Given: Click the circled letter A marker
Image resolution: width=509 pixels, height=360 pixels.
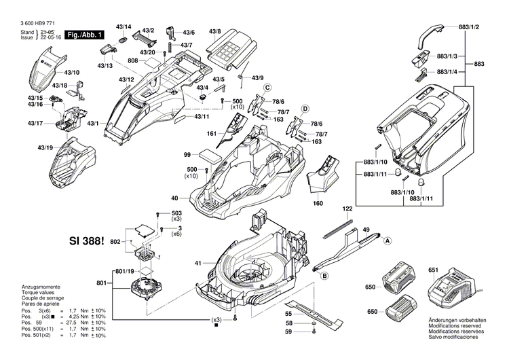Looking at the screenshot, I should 388,241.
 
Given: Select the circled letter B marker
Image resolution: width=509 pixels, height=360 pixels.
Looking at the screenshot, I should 325,275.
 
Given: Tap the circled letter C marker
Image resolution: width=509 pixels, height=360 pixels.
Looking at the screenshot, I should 267,88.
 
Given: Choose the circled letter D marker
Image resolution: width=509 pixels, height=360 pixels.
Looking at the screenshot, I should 305,109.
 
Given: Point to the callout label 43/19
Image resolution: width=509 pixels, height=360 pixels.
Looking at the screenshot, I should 45,147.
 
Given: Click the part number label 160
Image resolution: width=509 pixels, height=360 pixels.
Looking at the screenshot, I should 318,202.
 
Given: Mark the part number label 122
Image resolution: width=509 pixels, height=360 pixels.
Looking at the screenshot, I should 347,209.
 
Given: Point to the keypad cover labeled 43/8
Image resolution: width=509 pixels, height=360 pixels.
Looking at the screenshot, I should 228,49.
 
